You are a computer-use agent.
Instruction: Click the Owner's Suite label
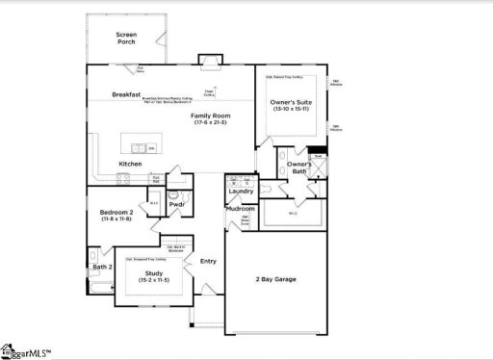[x=289, y=102]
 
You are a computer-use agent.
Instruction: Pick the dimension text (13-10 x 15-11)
[x=289, y=110]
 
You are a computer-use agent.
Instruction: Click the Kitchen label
[x=131, y=164]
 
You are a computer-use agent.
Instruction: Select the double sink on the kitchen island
[x=140, y=147]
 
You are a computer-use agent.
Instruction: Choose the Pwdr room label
[x=176, y=204]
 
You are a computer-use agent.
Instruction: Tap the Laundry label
[x=240, y=191]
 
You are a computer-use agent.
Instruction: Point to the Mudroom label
[x=240, y=209]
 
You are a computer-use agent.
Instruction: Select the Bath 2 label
[x=102, y=267]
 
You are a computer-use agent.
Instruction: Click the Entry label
[x=208, y=260]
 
